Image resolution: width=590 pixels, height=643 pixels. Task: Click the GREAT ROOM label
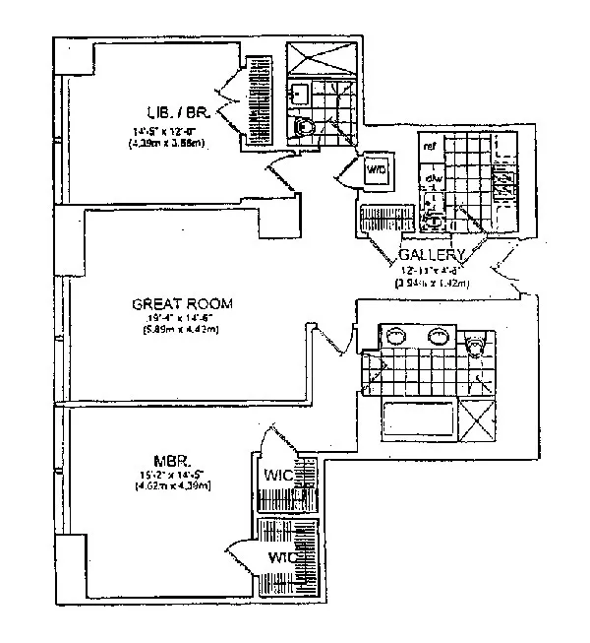[x=183, y=304]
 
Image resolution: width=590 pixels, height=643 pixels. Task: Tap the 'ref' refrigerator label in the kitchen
[x=429, y=147]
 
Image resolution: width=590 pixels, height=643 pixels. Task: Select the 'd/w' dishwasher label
[x=430, y=178]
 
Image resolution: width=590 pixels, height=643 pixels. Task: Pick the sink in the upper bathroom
[x=300, y=95]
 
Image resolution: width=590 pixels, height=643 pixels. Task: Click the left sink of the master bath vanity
[x=396, y=335]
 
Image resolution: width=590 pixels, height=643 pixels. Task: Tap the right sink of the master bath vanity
[x=440, y=335]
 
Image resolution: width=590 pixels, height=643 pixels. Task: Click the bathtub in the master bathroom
[x=417, y=418]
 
